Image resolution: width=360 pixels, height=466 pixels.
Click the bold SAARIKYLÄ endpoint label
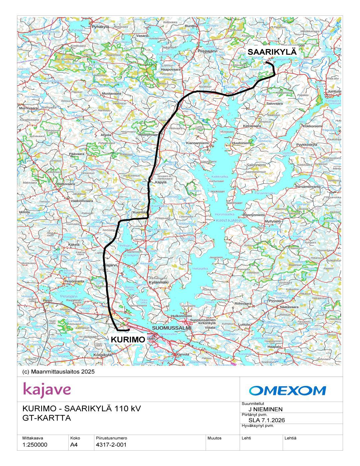(272, 52)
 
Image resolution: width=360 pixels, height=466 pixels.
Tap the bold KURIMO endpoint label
(128, 340)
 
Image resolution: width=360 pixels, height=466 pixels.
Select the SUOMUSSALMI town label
(172, 328)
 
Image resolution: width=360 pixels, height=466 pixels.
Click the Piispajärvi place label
(207, 51)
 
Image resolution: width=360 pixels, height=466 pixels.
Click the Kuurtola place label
(140, 212)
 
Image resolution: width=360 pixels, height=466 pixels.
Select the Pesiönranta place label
(74, 281)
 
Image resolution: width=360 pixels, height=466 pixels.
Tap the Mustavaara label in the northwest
(111, 94)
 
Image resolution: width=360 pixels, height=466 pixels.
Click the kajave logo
(47, 390)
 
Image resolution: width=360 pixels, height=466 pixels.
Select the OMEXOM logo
(287, 390)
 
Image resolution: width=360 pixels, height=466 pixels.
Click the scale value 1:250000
(35, 445)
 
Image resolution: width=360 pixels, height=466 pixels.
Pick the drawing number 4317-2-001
(111, 445)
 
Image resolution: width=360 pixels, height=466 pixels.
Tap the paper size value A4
(74, 445)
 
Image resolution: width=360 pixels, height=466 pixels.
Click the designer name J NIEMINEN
(265, 409)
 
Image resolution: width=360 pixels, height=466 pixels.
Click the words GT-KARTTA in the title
(47, 418)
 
